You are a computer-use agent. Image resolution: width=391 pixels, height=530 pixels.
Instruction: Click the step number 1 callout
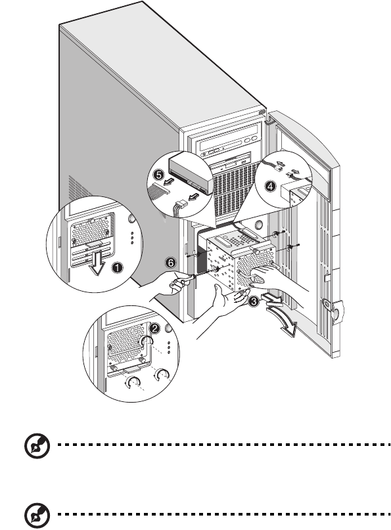pyautogui.click(x=117, y=268)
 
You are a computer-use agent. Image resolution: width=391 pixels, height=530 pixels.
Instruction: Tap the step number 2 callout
pyautogui.click(x=154, y=328)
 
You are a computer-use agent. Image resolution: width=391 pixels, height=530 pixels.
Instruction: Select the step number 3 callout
pyautogui.click(x=254, y=301)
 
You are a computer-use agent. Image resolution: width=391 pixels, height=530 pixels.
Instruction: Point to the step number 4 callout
pyautogui.click(x=269, y=187)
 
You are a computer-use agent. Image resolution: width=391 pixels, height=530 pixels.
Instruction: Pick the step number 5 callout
pyautogui.click(x=158, y=175)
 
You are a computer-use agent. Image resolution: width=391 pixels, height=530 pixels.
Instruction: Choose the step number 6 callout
pyautogui.click(x=171, y=263)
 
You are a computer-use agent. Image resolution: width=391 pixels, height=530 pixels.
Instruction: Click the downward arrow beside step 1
pyautogui.click(x=97, y=263)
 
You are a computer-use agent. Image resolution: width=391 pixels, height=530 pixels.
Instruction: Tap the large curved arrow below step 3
pyautogui.click(x=283, y=323)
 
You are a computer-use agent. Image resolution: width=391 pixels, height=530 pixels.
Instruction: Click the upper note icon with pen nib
pyautogui.click(x=37, y=446)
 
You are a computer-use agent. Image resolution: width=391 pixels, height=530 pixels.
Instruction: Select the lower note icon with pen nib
pyautogui.click(x=37, y=516)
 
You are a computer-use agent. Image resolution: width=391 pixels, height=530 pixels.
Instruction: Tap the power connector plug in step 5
pyautogui.click(x=179, y=206)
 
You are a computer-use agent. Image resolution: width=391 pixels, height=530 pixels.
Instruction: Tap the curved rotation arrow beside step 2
pyautogui.click(x=147, y=342)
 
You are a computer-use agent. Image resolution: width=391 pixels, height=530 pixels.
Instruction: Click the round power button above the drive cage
pyautogui.click(x=259, y=224)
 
